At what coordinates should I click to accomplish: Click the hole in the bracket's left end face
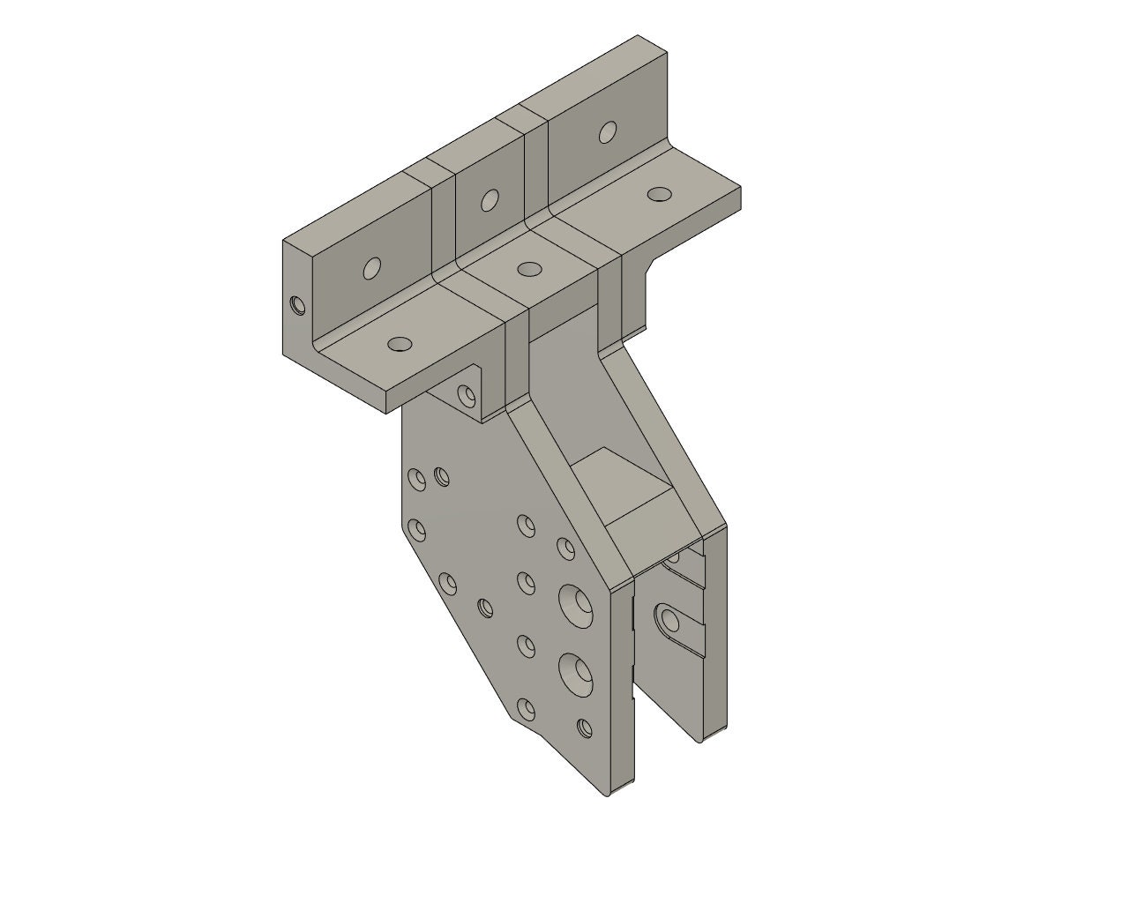tap(297, 305)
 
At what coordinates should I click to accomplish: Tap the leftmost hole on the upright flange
tap(372, 268)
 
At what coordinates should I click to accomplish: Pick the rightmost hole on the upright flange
tap(607, 132)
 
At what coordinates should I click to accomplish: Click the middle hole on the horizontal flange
tap(529, 268)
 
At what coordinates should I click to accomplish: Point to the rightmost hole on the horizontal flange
tap(658, 194)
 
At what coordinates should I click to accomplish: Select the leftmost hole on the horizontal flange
tap(400, 343)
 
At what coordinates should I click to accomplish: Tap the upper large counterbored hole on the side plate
tap(576, 603)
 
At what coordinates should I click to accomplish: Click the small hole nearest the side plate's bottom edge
tap(584, 728)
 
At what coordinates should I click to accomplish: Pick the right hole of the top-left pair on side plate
tap(442, 478)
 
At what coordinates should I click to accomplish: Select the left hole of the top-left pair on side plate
tap(415, 477)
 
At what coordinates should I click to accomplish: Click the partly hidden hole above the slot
tap(674, 557)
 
